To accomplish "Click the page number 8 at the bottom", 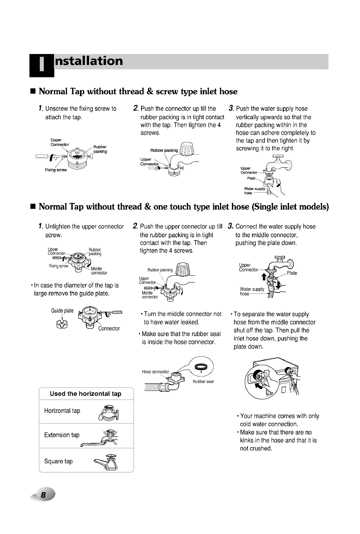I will coord(43,495).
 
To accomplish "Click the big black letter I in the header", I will coord(42,65).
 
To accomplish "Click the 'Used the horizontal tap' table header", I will coord(86,394).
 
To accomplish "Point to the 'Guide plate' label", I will coord(62,311).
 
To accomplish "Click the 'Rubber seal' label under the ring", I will coord(203,381).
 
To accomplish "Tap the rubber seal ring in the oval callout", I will coord(201,366).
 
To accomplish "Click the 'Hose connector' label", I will coord(155,372).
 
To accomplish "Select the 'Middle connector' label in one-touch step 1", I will coord(98,271).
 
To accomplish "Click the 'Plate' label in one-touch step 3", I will coord(292,273).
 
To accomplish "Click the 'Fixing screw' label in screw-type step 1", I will coord(55,170).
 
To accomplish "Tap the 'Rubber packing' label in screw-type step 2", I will coord(164,150).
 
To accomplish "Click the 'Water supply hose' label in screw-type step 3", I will coord(254,191).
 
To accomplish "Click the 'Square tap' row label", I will coord(58,461).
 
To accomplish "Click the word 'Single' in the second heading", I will coord(270,207).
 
